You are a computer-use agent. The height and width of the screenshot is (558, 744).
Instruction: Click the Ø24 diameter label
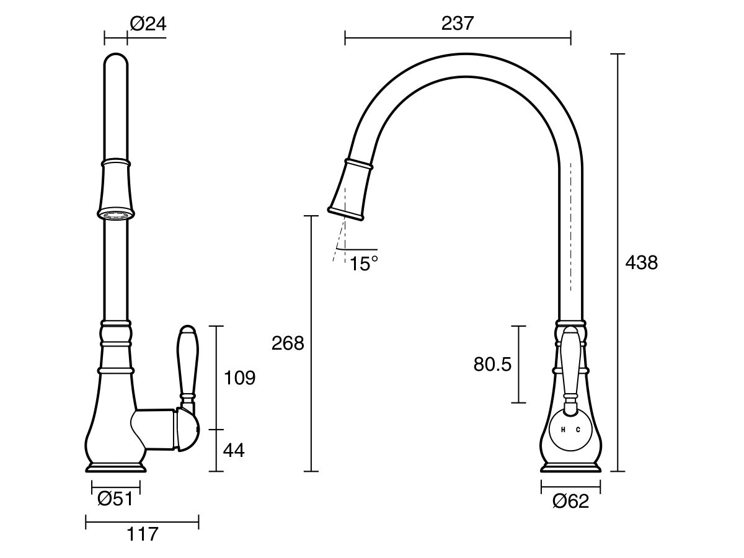click(x=148, y=24)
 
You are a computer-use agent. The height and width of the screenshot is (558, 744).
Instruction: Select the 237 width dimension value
click(x=457, y=24)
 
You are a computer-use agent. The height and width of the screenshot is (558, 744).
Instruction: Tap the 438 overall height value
click(x=641, y=263)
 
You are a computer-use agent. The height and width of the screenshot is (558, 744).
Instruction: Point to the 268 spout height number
click(x=288, y=343)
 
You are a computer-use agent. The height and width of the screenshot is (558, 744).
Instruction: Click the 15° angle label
click(x=363, y=264)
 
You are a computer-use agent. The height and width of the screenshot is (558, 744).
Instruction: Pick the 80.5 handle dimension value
click(x=492, y=365)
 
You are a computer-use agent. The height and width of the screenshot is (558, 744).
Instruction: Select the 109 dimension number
click(x=239, y=378)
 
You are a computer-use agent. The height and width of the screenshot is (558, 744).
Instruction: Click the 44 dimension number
click(x=233, y=451)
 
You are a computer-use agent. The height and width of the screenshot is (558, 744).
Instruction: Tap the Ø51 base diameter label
click(x=115, y=498)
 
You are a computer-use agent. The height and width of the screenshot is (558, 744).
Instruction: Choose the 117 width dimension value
click(x=142, y=534)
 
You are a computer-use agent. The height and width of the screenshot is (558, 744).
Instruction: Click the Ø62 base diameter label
click(x=570, y=501)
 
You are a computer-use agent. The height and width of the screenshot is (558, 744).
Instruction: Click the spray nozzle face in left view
click(x=115, y=215)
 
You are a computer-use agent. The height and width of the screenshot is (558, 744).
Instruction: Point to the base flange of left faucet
click(x=116, y=466)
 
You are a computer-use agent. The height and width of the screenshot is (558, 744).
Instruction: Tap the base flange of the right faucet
click(x=570, y=467)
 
